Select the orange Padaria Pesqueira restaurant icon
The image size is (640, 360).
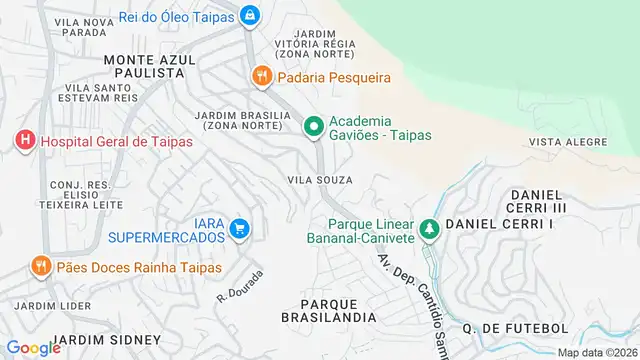click(261, 76)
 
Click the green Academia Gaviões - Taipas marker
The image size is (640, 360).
click(313, 125)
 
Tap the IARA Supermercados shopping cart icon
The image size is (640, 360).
click(239, 230)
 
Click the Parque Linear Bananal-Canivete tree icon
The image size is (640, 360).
click(429, 230)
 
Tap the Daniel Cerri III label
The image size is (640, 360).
click(538, 200)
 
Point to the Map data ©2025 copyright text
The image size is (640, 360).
click(598, 352)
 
